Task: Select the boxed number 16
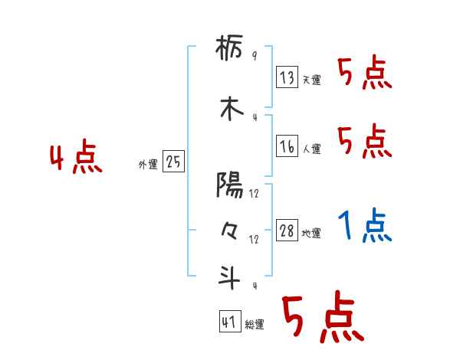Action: tap(287, 145)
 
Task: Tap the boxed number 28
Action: tap(287, 230)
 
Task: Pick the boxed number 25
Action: tap(173, 162)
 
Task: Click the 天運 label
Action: tap(311, 80)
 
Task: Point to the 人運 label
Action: tap(311, 149)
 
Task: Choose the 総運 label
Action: tap(255, 326)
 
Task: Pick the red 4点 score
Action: tap(75, 159)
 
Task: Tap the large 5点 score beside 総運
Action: tap(322, 316)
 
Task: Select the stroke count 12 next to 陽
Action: tap(254, 194)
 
